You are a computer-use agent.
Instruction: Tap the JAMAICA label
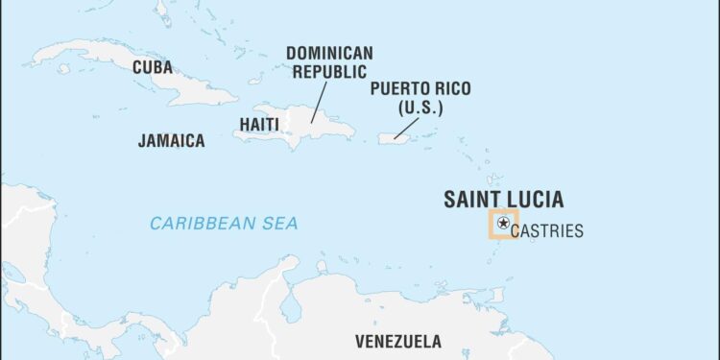click(x=171, y=141)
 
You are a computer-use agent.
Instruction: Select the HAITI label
click(x=259, y=124)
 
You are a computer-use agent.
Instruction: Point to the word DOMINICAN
click(x=329, y=52)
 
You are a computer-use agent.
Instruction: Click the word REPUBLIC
click(x=329, y=71)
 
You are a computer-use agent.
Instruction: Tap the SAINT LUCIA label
click(x=503, y=200)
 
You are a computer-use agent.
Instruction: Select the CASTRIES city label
click(x=547, y=231)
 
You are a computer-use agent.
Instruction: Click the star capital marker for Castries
click(x=503, y=224)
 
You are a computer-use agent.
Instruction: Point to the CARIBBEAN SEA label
click(x=224, y=223)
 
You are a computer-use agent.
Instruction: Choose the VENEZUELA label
click(x=398, y=341)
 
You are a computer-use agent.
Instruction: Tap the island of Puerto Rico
click(x=395, y=138)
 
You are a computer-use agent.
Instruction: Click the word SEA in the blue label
click(x=278, y=223)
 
